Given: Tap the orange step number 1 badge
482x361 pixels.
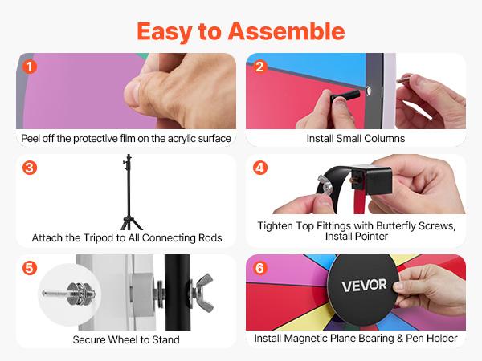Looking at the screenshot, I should tap(30, 67).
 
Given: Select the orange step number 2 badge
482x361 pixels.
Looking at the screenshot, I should tap(259, 67).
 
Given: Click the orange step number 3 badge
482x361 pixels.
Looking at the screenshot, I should tap(30, 168).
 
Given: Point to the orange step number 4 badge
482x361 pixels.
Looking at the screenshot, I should tap(259, 168).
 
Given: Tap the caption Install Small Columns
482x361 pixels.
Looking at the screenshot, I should tap(355, 139).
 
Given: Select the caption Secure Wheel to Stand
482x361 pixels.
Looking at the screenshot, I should tap(126, 339).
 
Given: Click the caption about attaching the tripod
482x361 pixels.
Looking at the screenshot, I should tap(126, 238).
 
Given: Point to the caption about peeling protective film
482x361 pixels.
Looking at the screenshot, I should tap(126, 139).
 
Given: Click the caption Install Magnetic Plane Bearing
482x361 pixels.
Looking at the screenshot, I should tap(355, 339).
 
